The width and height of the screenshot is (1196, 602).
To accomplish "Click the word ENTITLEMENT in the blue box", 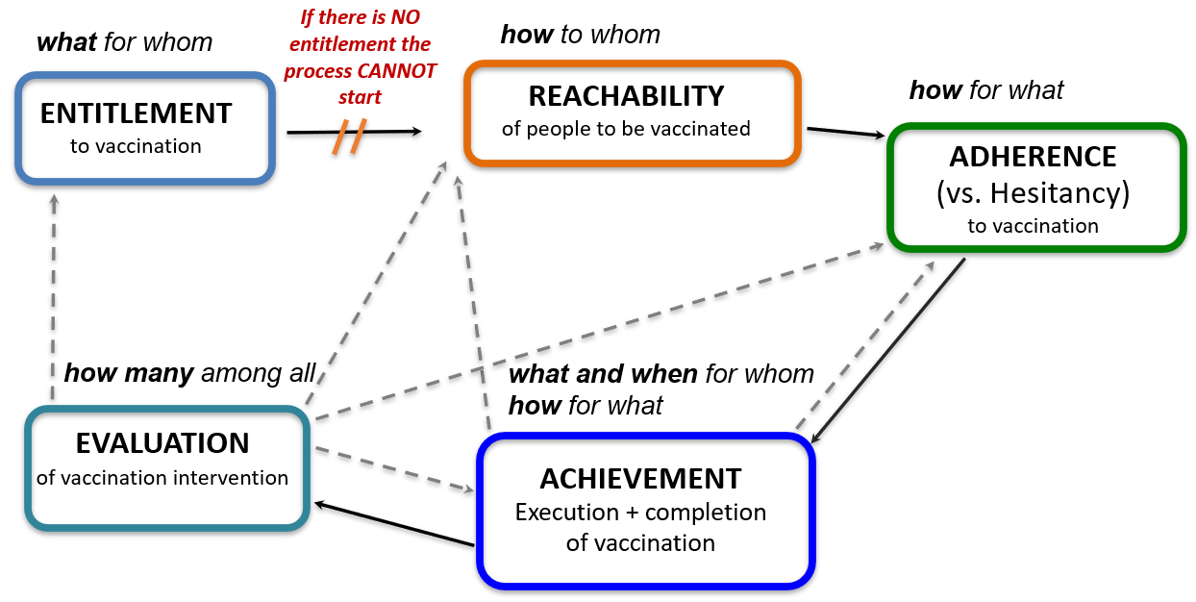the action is tap(137, 113).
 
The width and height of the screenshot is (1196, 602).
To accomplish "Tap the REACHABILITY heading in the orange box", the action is tap(626, 96).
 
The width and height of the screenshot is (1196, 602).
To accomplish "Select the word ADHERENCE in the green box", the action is tap(1033, 157).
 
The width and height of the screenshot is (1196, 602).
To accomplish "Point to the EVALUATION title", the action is tap(162, 443).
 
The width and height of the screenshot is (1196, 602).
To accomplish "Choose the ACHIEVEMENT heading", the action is tap(640, 479).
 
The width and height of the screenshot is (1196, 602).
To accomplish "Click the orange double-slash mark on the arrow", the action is tap(350, 137).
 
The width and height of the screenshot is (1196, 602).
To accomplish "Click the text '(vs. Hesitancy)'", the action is tap(1033, 193).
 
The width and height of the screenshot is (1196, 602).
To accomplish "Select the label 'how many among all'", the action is tap(190, 373).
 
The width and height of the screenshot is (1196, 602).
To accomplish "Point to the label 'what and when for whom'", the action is tap(661, 374).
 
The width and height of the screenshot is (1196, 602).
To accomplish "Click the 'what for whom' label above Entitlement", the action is tap(124, 42).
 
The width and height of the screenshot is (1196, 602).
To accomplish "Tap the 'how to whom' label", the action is tap(581, 35).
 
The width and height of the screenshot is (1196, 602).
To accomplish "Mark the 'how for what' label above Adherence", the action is tap(986, 90).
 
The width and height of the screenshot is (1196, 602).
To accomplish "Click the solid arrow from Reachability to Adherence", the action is tap(846, 132).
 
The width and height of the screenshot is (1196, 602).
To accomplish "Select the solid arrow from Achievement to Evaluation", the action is tap(394, 524).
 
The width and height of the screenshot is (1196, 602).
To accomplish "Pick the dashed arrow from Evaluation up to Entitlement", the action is tap(54, 297).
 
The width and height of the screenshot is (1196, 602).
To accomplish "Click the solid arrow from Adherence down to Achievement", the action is tap(888, 351).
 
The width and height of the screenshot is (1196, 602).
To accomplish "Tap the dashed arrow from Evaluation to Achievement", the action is tap(394, 469).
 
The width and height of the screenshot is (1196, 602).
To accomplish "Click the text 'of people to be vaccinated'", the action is tap(626, 129).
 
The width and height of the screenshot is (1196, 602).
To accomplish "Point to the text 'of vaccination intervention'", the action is tap(162, 478).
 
